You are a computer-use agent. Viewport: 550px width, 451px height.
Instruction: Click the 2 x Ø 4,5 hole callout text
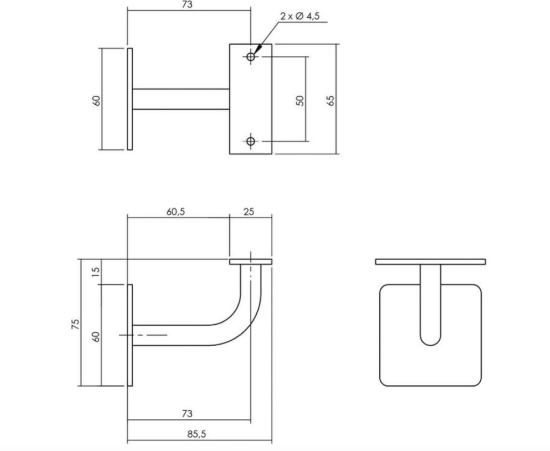pyautogui.click(x=300, y=16)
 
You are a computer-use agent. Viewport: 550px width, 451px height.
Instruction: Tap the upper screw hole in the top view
pyautogui.click(x=250, y=56)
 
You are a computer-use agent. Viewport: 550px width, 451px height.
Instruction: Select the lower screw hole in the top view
pyautogui.click(x=250, y=141)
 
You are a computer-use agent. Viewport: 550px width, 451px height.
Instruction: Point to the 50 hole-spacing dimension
pyautogui.click(x=300, y=100)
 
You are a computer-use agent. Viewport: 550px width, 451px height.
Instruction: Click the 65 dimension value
pyautogui.click(x=330, y=100)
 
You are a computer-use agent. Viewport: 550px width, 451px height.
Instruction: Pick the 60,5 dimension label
pyautogui.click(x=176, y=212)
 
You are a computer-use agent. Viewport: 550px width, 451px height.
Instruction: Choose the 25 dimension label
pyautogui.click(x=248, y=212)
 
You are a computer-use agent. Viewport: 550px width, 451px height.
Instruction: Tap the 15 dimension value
pyautogui.click(x=96, y=271)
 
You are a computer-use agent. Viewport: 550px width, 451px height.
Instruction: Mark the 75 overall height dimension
pyautogui.click(x=75, y=324)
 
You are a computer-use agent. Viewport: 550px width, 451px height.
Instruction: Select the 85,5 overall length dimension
pyautogui.click(x=197, y=434)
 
